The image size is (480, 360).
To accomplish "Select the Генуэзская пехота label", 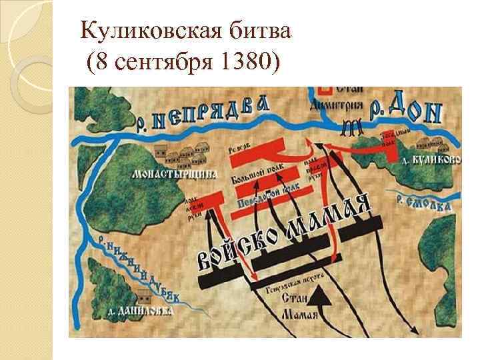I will [289, 282].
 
